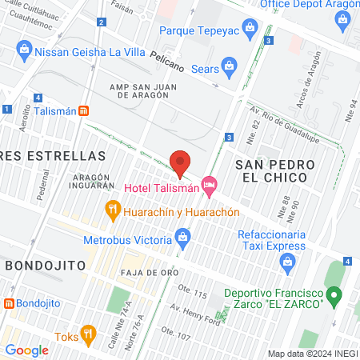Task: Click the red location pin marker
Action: tap(181, 162)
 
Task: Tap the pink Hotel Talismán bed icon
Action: tap(210, 186)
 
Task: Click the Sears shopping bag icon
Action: tap(230, 65)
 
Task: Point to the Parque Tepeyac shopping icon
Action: tap(250, 30)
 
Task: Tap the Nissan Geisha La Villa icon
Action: tap(23, 53)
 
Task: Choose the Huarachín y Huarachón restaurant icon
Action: tap(114, 212)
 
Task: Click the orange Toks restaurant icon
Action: tap(88, 335)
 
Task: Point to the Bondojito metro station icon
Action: tap(10, 304)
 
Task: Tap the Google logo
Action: tap(26, 350)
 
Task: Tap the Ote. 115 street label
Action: tap(192, 294)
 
